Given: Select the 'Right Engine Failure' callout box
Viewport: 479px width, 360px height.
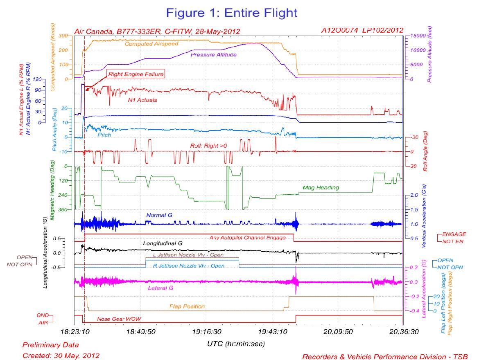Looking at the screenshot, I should [136, 74].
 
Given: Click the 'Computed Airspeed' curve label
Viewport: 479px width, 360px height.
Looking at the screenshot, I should [151, 43].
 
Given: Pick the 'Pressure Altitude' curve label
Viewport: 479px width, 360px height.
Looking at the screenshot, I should [213, 54].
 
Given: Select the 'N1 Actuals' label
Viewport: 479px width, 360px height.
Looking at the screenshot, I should [142, 99].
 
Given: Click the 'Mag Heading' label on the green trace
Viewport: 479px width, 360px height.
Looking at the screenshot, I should [321, 188].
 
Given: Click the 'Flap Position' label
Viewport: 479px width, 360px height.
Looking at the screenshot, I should [187, 306].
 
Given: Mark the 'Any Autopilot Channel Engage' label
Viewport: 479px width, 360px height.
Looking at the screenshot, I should [247, 237].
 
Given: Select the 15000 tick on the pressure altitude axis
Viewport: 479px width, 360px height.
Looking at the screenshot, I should [416, 36].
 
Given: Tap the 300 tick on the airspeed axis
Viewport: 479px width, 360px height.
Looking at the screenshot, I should [63, 36].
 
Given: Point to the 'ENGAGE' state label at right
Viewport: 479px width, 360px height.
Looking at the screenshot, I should [454, 234].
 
